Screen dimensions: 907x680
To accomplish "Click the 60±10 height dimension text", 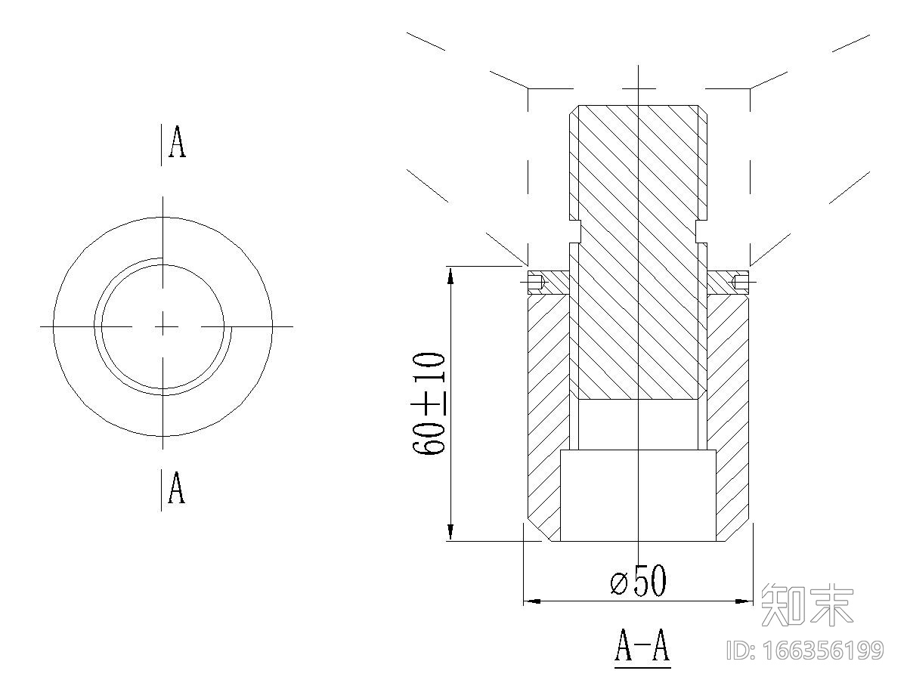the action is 429,403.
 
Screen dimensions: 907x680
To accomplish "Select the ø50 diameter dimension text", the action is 639,580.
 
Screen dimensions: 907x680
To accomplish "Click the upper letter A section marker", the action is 178,141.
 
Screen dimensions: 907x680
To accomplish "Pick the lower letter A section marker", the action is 176,487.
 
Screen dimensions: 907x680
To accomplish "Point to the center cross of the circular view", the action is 163,326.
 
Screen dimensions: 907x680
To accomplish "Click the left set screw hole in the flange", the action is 536,283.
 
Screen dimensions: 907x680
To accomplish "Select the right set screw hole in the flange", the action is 740,283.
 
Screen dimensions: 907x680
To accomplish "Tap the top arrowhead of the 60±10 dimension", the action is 450,275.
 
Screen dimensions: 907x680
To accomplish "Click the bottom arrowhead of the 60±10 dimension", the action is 450,532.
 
